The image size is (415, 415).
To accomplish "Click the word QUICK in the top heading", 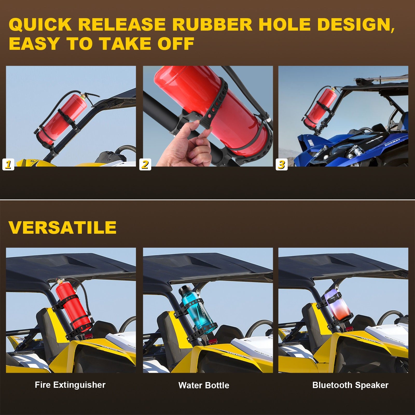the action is pos(40,25).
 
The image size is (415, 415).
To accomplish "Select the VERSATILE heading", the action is pos(63,227).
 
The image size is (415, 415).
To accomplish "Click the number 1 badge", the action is pos(8,164).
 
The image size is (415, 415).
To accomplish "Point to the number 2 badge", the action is pos(145,164).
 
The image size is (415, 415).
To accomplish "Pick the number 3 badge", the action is pos(281,164).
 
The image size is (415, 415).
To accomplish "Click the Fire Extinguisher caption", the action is pos(70,385).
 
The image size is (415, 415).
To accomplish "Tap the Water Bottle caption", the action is pos(204,385).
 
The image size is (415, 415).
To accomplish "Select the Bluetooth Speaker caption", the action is pos(350,385).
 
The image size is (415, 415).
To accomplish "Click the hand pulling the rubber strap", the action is pos(185,145).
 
